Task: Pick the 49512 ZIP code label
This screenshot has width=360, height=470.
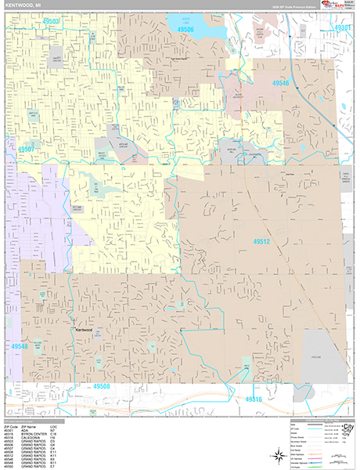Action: pos(262,243)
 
